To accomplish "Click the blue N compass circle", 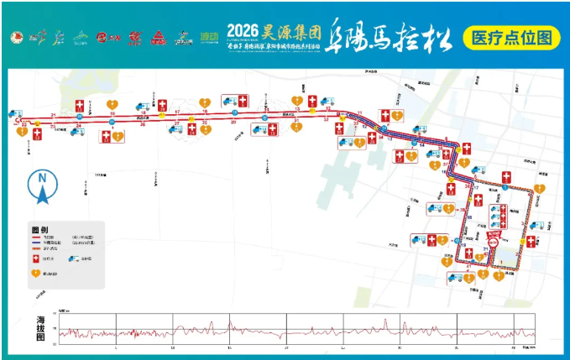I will pyautogui.click(x=41, y=178).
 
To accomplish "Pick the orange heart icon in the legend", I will pyautogui.click(x=36, y=272).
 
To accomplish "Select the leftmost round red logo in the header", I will pyautogui.click(x=14, y=38).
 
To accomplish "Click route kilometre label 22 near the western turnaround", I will pyautogui.click(x=26, y=126).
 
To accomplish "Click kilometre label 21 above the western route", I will pyautogui.click(x=53, y=114).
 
